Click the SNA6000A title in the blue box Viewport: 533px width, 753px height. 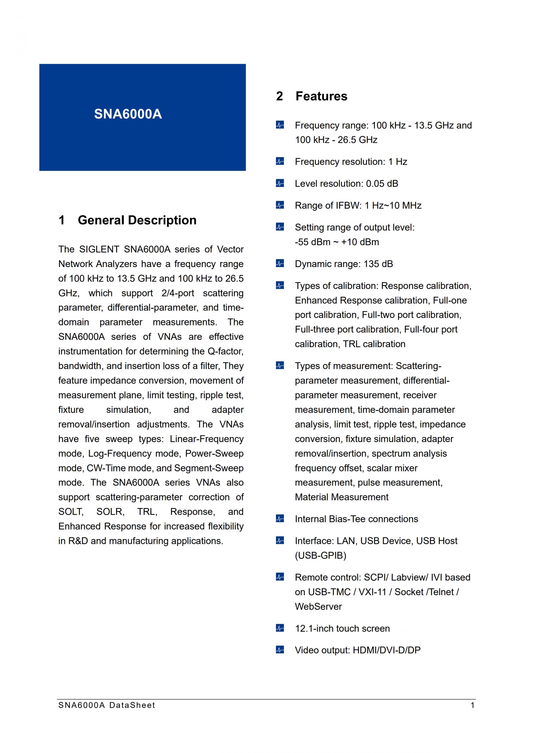(128, 114)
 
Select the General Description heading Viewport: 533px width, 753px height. (137, 220)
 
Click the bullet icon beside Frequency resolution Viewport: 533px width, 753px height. (280, 161)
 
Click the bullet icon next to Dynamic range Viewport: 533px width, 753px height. (280, 263)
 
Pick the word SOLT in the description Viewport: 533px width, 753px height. (71, 512)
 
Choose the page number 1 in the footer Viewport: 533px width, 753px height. (472, 705)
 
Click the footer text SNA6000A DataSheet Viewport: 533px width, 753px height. (107, 705)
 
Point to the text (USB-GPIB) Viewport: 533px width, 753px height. (320, 556)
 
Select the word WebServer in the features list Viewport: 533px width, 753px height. (318, 606)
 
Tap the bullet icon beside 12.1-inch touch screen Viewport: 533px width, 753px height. (280, 628)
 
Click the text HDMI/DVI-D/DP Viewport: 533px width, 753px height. (386, 650)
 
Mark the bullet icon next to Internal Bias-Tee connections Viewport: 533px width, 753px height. (280, 519)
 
